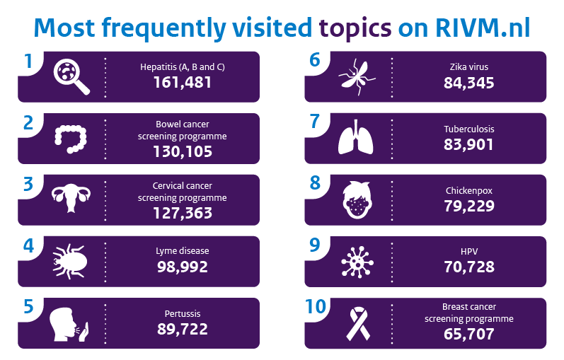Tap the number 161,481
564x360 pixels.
click(x=182, y=83)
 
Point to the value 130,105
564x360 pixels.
click(x=182, y=151)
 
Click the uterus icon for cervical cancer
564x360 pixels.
click(x=71, y=199)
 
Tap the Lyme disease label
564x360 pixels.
click(x=182, y=250)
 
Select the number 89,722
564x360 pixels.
click(x=182, y=329)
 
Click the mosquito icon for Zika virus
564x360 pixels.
click(x=357, y=75)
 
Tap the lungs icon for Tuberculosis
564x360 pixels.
click(x=357, y=137)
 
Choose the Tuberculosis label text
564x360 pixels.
click(x=468, y=129)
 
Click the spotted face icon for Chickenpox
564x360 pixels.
click(x=357, y=199)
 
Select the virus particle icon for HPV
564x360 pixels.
click(x=357, y=261)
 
